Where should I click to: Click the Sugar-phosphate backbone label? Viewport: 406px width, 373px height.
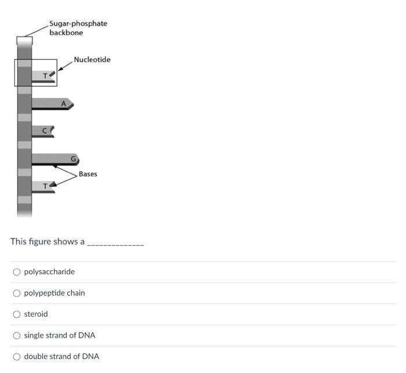[x=78, y=28]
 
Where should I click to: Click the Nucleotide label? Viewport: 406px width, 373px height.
[x=92, y=60]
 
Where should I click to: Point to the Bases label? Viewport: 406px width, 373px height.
[x=88, y=174]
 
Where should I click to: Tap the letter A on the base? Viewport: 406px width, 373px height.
[x=64, y=103]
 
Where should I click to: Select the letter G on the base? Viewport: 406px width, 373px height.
[x=74, y=159]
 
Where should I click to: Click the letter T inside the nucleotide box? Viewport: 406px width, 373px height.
[x=45, y=76]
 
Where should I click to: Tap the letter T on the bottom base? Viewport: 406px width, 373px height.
[x=43, y=186]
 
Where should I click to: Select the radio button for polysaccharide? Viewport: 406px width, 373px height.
[x=17, y=272]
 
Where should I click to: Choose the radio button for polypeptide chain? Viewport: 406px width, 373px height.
[x=17, y=293]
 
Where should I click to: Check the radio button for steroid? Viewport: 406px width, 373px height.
[x=17, y=314]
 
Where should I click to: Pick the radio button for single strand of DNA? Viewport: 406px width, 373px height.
[x=17, y=335]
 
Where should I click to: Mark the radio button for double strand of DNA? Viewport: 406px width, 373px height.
[x=17, y=356]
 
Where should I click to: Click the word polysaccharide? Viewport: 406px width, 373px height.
[x=49, y=272]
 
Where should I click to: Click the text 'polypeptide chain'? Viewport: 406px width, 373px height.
[x=55, y=293]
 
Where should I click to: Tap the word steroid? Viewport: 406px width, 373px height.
[x=36, y=314]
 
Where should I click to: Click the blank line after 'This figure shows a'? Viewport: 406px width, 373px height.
[x=115, y=243]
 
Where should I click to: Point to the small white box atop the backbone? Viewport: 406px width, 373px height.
[x=24, y=41]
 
